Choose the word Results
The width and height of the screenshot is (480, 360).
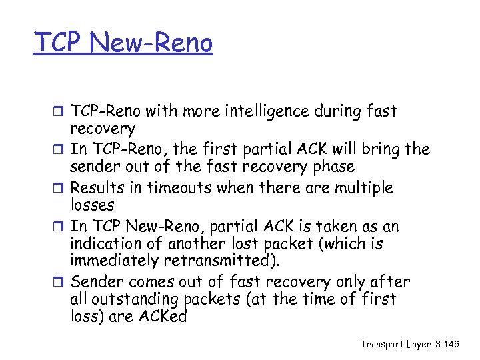click(x=97, y=188)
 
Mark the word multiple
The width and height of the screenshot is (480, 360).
click(x=362, y=188)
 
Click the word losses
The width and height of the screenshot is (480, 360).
click(x=92, y=205)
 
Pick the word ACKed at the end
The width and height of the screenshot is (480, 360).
click(x=163, y=317)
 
